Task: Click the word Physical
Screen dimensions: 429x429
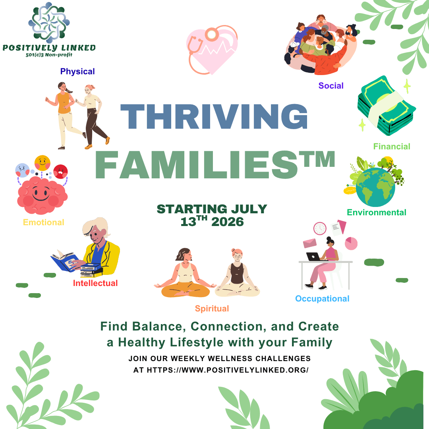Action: [77, 71]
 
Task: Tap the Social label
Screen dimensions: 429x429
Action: [331, 86]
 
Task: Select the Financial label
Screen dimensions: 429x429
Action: [392, 146]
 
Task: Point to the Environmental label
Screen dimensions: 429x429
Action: [377, 212]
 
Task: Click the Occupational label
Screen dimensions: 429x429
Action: [322, 298]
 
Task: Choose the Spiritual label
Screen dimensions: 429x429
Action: [212, 309]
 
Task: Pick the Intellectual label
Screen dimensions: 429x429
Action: [95, 283]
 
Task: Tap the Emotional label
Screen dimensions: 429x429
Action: [44, 222]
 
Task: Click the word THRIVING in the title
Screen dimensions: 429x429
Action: [214, 116]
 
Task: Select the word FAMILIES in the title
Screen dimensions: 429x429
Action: [197, 165]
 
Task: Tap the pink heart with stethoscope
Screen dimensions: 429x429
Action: [212, 50]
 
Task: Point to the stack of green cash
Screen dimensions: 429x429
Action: [386, 106]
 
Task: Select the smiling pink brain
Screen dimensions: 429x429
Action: [42, 195]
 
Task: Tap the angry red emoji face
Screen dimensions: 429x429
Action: [60, 172]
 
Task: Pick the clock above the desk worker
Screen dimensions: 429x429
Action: [320, 228]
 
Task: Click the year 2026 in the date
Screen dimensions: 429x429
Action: [227, 222]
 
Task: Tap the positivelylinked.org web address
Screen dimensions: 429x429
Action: [228, 370]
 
